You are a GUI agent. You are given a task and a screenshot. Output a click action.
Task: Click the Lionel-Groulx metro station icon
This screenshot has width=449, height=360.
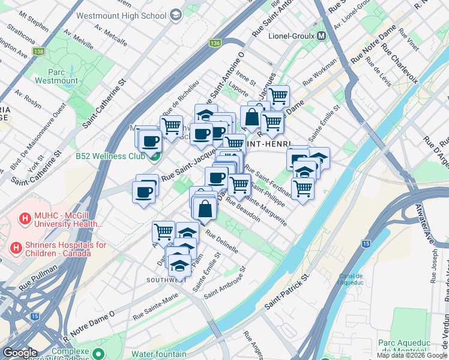[322, 35]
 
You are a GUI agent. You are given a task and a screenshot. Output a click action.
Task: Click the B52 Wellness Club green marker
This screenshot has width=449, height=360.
[155, 157]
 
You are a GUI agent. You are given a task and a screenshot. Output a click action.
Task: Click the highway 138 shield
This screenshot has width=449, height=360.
[40, 52]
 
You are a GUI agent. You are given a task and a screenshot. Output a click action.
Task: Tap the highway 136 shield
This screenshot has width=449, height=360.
[215, 43]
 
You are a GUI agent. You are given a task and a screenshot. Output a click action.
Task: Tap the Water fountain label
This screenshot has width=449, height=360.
[160, 354]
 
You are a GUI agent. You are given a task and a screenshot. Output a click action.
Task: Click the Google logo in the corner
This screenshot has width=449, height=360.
[19, 353]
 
